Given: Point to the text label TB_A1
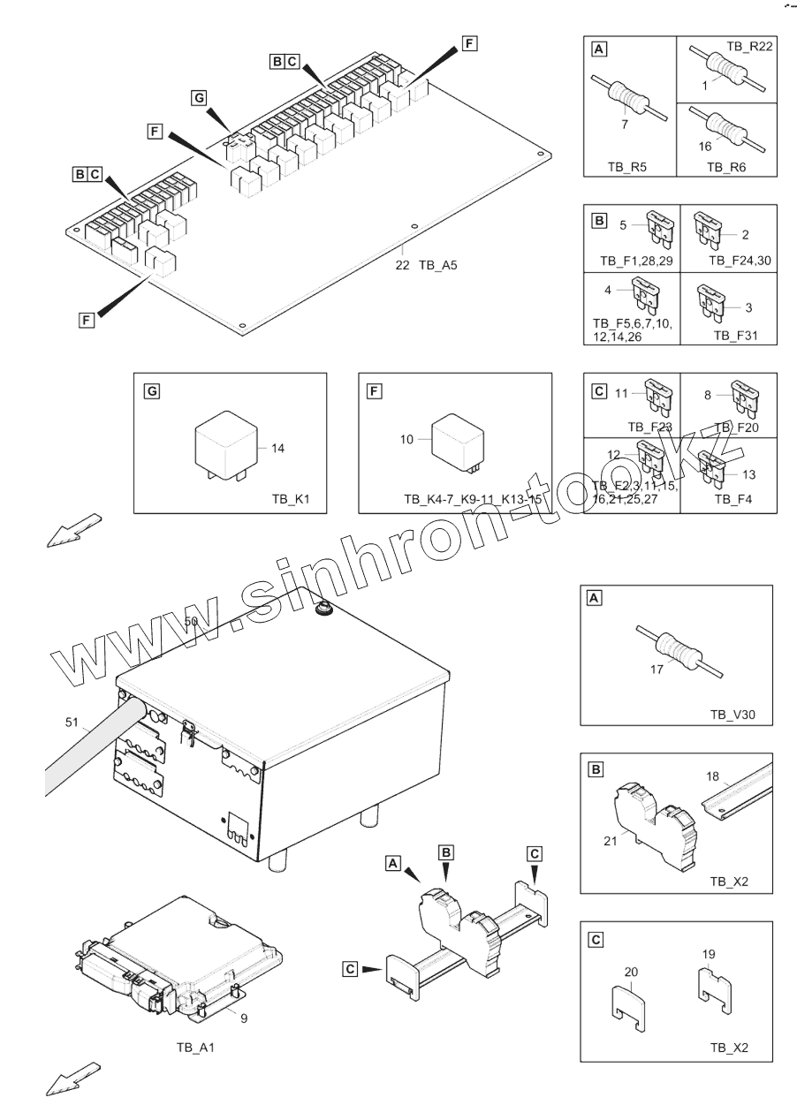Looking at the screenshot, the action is [195, 1048].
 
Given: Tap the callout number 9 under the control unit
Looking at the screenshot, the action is [244, 1018].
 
